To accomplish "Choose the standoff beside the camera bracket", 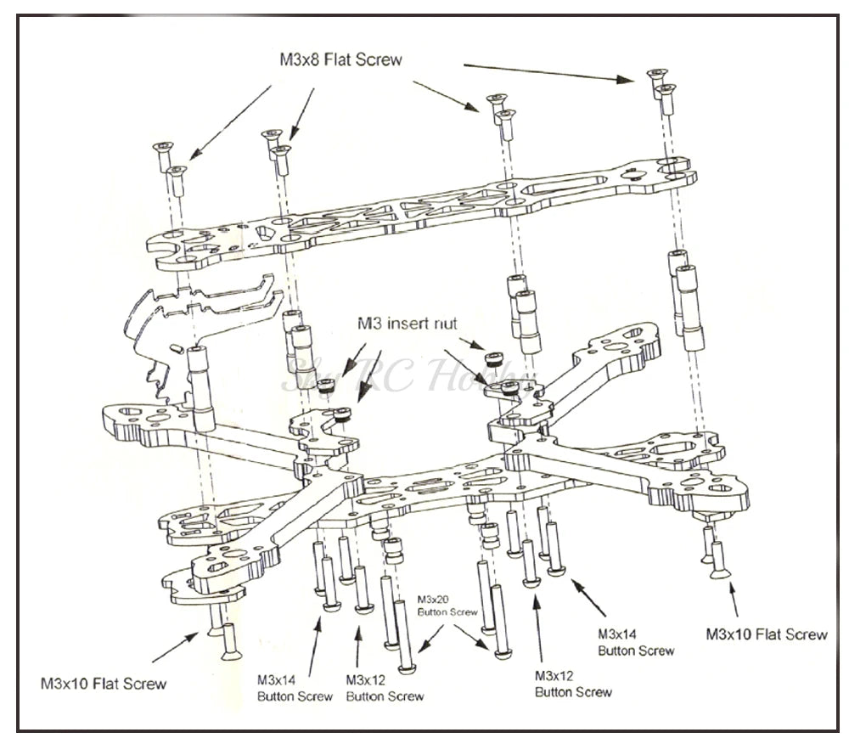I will (x=200, y=382).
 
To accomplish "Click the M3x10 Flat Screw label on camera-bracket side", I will (x=103, y=682).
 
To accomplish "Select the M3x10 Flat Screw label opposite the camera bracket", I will (x=766, y=634).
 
